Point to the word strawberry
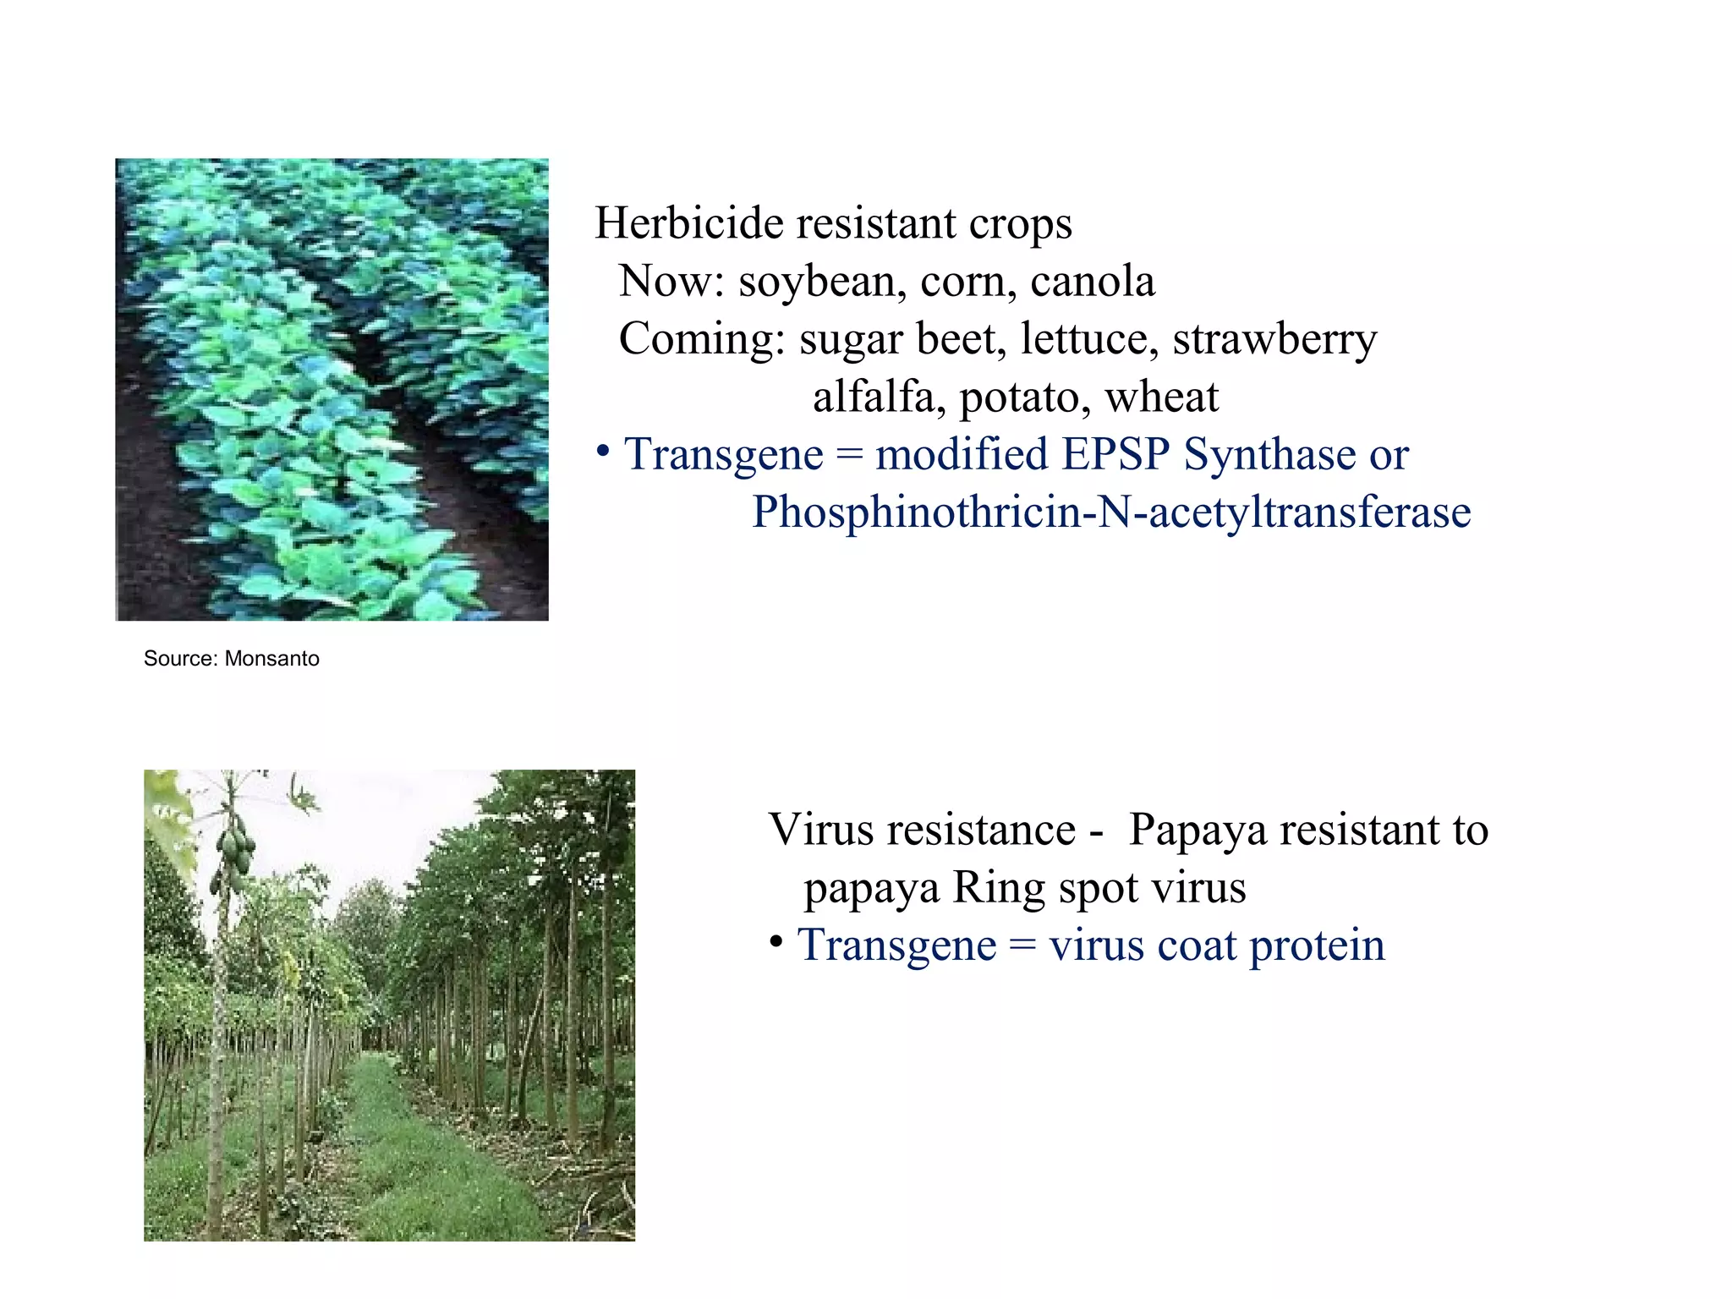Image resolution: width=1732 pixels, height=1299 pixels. coord(1274,339)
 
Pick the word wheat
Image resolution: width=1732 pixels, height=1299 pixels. coord(1161,397)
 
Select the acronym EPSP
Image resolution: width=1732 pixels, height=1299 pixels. coord(1115,454)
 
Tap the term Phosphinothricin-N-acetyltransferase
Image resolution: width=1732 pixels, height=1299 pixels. coord(1111,512)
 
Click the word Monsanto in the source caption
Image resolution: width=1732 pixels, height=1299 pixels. coord(271,659)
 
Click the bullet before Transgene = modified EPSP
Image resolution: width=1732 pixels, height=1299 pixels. coord(602,452)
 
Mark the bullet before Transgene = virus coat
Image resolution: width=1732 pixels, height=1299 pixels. coord(776,943)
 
